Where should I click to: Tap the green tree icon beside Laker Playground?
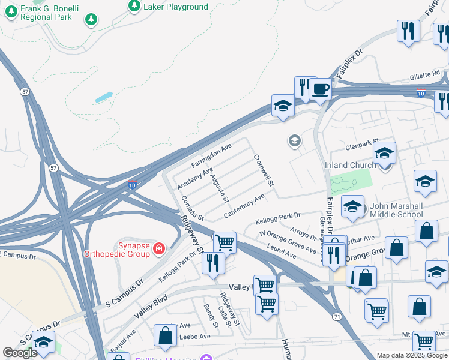tap(133, 7)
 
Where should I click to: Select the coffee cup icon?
tap(320, 89)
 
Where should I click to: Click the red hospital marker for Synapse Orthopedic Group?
tap(158, 248)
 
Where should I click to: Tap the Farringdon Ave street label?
tap(211, 156)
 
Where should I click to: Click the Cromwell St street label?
tap(264, 170)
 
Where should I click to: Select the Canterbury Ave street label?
tap(244, 206)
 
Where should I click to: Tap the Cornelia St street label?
tap(193, 208)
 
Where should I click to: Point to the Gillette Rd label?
tap(425, 76)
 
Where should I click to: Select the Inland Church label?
tap(350, 165)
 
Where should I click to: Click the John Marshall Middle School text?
tap(396, 210)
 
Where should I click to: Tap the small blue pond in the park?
tap(103, 97)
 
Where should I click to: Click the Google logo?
tap(20, 353)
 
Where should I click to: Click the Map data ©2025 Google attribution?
tap(412, 355)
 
